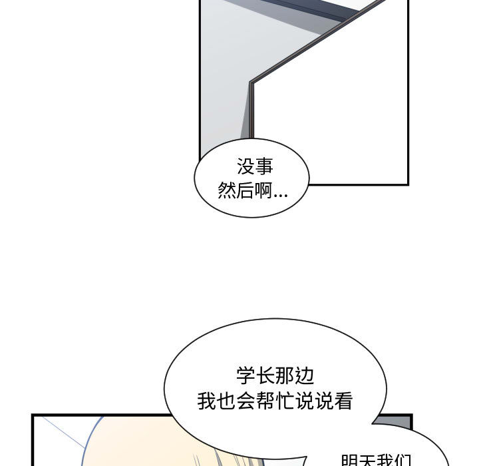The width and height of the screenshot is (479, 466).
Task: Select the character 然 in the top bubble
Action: tap(227, 191)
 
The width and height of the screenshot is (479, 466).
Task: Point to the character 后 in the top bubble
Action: tap(245, 191)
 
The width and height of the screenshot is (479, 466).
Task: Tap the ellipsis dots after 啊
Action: tap(281, 195)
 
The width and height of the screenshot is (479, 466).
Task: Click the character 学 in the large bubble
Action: tap(245, 375)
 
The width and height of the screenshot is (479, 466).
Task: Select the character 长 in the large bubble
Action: tap(265, 375)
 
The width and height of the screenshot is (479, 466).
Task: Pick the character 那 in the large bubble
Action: tap(285, 375)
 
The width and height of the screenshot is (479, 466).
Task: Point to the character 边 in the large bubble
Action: tap(305, 375)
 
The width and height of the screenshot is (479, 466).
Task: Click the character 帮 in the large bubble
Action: tap(265, 401)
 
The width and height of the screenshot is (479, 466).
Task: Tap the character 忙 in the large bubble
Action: tap(285, 401)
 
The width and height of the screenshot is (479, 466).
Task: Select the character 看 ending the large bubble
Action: tap(345, 401)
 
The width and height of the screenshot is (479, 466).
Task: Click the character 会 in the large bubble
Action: tap(245, 401)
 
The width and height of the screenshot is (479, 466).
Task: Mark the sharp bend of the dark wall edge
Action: tap(251, 83)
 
